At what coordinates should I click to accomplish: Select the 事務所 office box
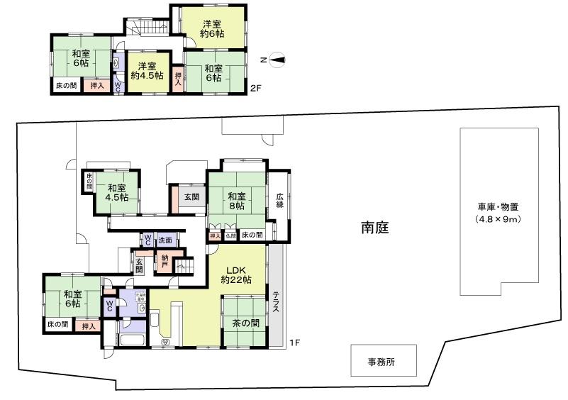pyautogui.click(x=382, y=361)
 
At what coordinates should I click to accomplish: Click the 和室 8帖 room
pyautogui.click(x=237, y=201)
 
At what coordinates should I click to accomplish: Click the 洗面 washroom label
pyautogui.click(x=165, y=240)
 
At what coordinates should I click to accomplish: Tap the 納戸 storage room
pyautogui.click(x=165, y=260)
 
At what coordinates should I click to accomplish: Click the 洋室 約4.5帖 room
pyautogui.click(x=147, y=71)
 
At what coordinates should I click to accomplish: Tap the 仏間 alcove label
pyautogui.click(x=231, y=235)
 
